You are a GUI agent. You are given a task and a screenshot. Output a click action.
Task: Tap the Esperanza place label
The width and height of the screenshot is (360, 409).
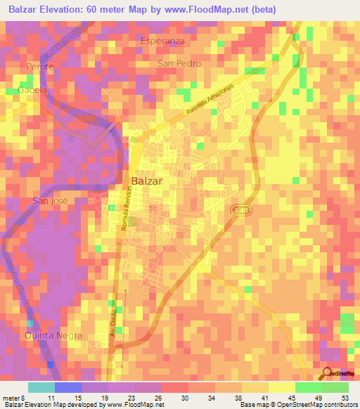(x=162, y=41)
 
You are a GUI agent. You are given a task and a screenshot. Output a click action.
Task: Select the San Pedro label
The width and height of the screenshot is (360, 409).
(x=179, y=63)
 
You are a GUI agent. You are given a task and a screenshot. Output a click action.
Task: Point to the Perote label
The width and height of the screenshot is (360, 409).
(x=40, y=66)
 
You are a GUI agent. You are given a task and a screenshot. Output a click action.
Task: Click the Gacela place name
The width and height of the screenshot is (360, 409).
(x=33, y=91)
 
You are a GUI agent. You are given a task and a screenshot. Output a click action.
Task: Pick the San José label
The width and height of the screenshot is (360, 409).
(x=50, y=201)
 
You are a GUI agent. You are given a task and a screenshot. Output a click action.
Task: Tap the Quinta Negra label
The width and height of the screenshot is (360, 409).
(x=53, y=335)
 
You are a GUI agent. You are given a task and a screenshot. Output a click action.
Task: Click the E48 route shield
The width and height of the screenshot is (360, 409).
(x=241, y=210)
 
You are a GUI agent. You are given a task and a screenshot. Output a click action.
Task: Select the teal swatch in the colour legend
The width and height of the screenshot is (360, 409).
(x=41, y=387)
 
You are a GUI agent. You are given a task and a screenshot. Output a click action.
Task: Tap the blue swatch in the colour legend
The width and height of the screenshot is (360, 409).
(x=68, y=387)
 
